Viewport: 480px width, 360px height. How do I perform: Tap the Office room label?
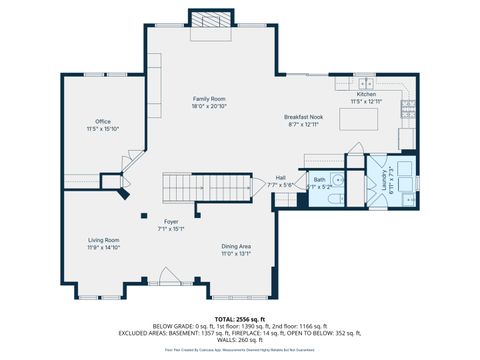[x=102, y=122]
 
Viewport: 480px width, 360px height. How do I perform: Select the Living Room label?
[x=103, y=240]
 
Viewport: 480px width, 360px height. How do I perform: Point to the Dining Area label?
[x=235, y=246]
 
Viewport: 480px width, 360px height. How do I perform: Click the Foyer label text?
[x=171, y=221]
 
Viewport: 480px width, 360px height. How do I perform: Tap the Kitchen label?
[x=367, y=94]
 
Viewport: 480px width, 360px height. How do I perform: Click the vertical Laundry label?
[x=383, y=181]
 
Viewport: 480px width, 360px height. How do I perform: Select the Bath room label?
[x=320, y=180]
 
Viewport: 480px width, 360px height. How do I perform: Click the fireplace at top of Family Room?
[x=210, y=22]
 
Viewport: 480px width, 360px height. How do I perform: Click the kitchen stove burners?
[x=407, y=105]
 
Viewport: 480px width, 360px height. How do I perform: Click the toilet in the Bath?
[x=339, y=197]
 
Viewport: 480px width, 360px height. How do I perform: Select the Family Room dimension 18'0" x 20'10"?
[x=210, y=105]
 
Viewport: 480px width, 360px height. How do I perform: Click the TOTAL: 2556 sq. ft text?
[x=239, y=317]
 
